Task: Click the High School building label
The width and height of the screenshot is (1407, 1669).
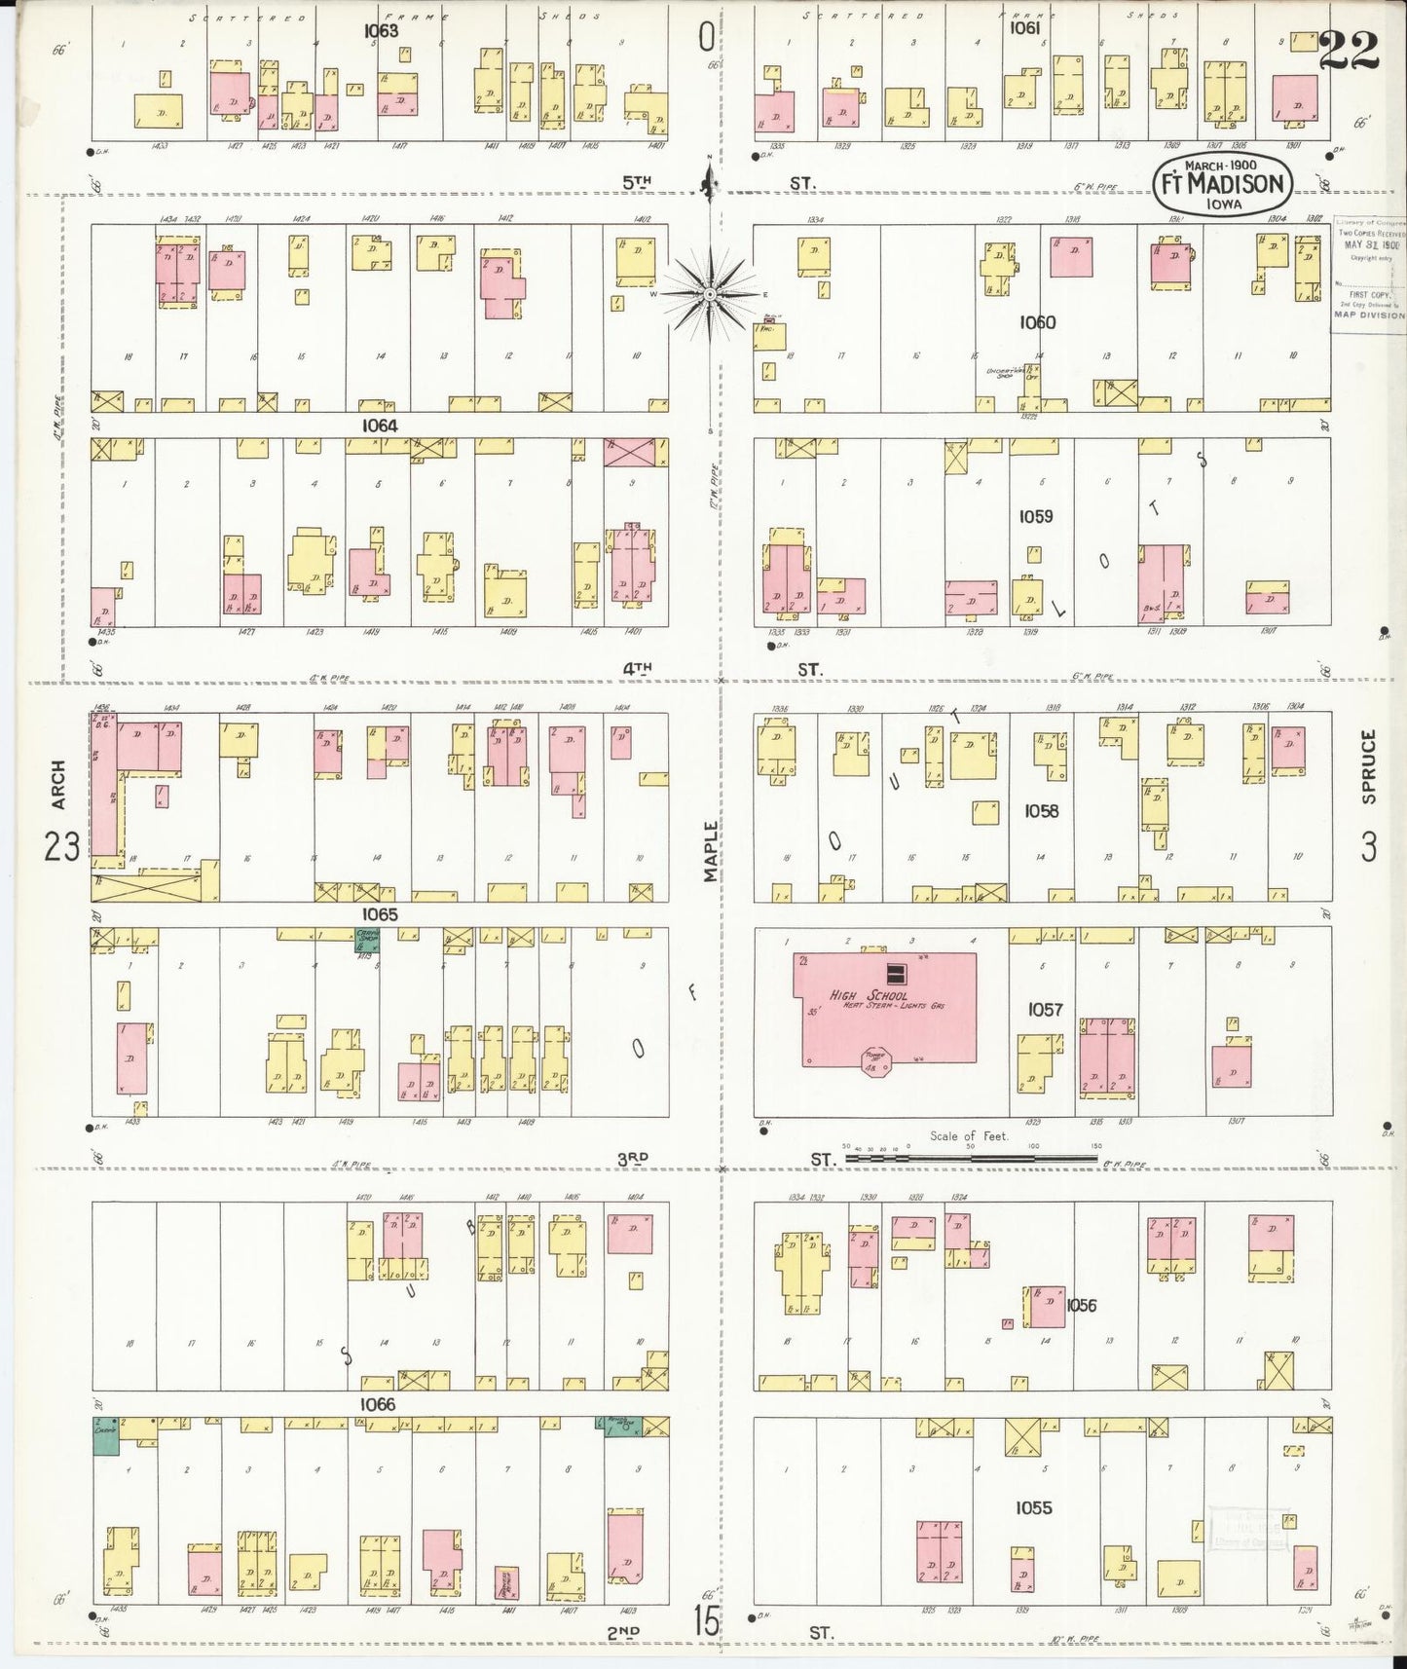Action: tap(869, 995)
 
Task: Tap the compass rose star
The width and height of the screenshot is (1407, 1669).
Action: tap(711, 293)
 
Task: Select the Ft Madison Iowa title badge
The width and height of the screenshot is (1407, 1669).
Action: tap(1221, 183)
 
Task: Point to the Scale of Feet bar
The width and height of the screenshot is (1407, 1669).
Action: tap(970, 1159)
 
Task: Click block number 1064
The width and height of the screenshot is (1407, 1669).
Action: tap(379, 426)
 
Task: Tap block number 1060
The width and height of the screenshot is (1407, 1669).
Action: tap(1037, 322)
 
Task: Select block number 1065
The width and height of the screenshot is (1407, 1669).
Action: tap(379, 914)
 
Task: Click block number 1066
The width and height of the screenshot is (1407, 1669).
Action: tap(377, 1404)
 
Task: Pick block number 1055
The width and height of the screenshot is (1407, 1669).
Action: tap(1033, 1507)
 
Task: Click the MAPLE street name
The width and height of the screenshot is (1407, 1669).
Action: tap(711, 852)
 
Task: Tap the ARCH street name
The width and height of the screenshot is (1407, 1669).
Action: tap(58, 785)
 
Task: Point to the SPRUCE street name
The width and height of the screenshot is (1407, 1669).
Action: tap(1369, 767)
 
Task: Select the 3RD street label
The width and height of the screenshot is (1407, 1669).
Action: tap(633, 1158)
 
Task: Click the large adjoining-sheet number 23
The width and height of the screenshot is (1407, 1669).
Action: tap(60, 848)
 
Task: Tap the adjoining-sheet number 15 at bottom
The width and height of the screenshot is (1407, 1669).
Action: tap(707, 1621)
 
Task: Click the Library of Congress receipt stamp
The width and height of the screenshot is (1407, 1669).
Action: tap(1368, 268)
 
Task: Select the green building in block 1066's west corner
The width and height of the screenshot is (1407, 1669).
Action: tap(105, 1435)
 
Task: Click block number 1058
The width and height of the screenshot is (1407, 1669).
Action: tap(1040, 810)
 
